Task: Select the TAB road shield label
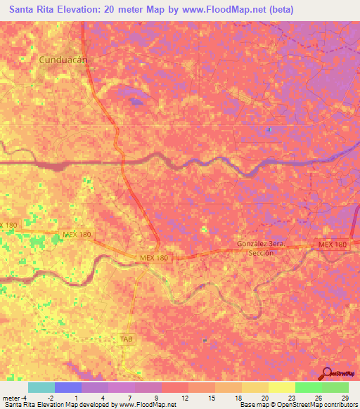[126, 338]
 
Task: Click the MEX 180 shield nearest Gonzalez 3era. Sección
[332, 244]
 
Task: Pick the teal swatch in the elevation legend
[41, 387]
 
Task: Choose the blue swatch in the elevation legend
[67, 387]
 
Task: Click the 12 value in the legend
[184, 398]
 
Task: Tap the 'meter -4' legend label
[14, 398]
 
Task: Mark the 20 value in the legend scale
[264, 398]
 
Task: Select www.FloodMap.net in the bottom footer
[146, 405]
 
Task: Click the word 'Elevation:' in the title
[79, 10]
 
